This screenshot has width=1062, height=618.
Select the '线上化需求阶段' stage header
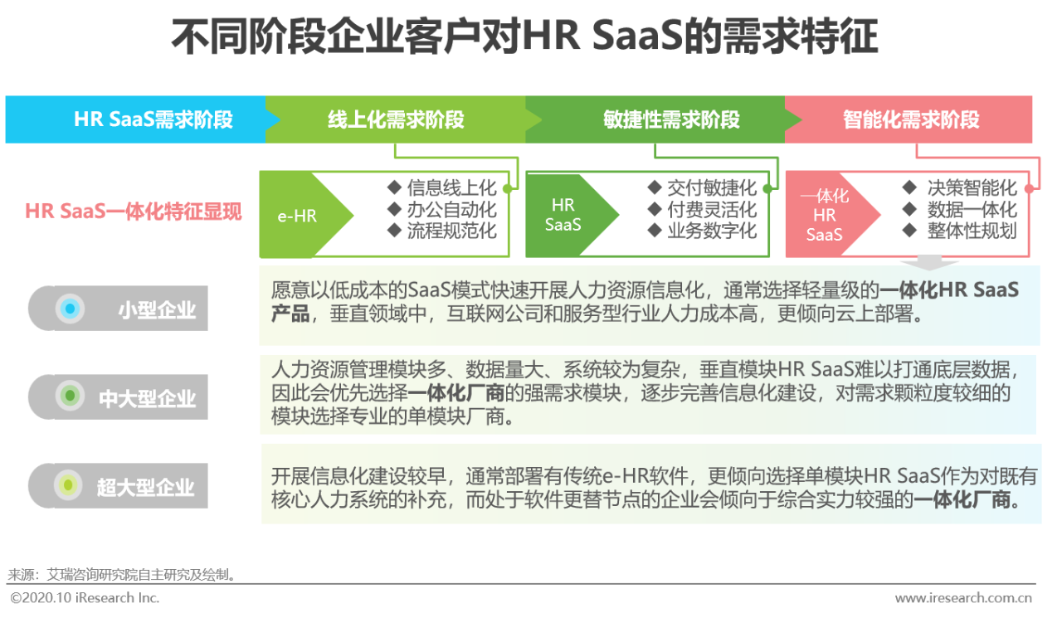(396, 119)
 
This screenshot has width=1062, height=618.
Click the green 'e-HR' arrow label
(298, 217)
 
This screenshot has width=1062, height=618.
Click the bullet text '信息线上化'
(451, 187)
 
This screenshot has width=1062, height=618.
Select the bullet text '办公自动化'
(451, 210)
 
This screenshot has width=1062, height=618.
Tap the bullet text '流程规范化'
(451, 231)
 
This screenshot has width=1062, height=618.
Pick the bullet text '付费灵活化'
(712, 210)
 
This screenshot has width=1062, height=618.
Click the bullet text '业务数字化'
(712, 231)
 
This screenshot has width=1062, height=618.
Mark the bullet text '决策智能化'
(972, 187)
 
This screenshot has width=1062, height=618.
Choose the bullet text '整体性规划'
(972, 231)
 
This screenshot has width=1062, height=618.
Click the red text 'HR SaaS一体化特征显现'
(134, 212)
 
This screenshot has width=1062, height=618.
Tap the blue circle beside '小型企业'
(71, 309)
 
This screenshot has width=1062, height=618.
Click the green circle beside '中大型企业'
(71, 395)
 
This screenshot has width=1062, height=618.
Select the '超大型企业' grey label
(118, 486)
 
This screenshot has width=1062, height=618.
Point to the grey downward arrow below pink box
(929, 262)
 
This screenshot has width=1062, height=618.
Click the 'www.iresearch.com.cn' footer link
(963, 598)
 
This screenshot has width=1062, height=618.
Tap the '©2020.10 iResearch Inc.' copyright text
(85, 598)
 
